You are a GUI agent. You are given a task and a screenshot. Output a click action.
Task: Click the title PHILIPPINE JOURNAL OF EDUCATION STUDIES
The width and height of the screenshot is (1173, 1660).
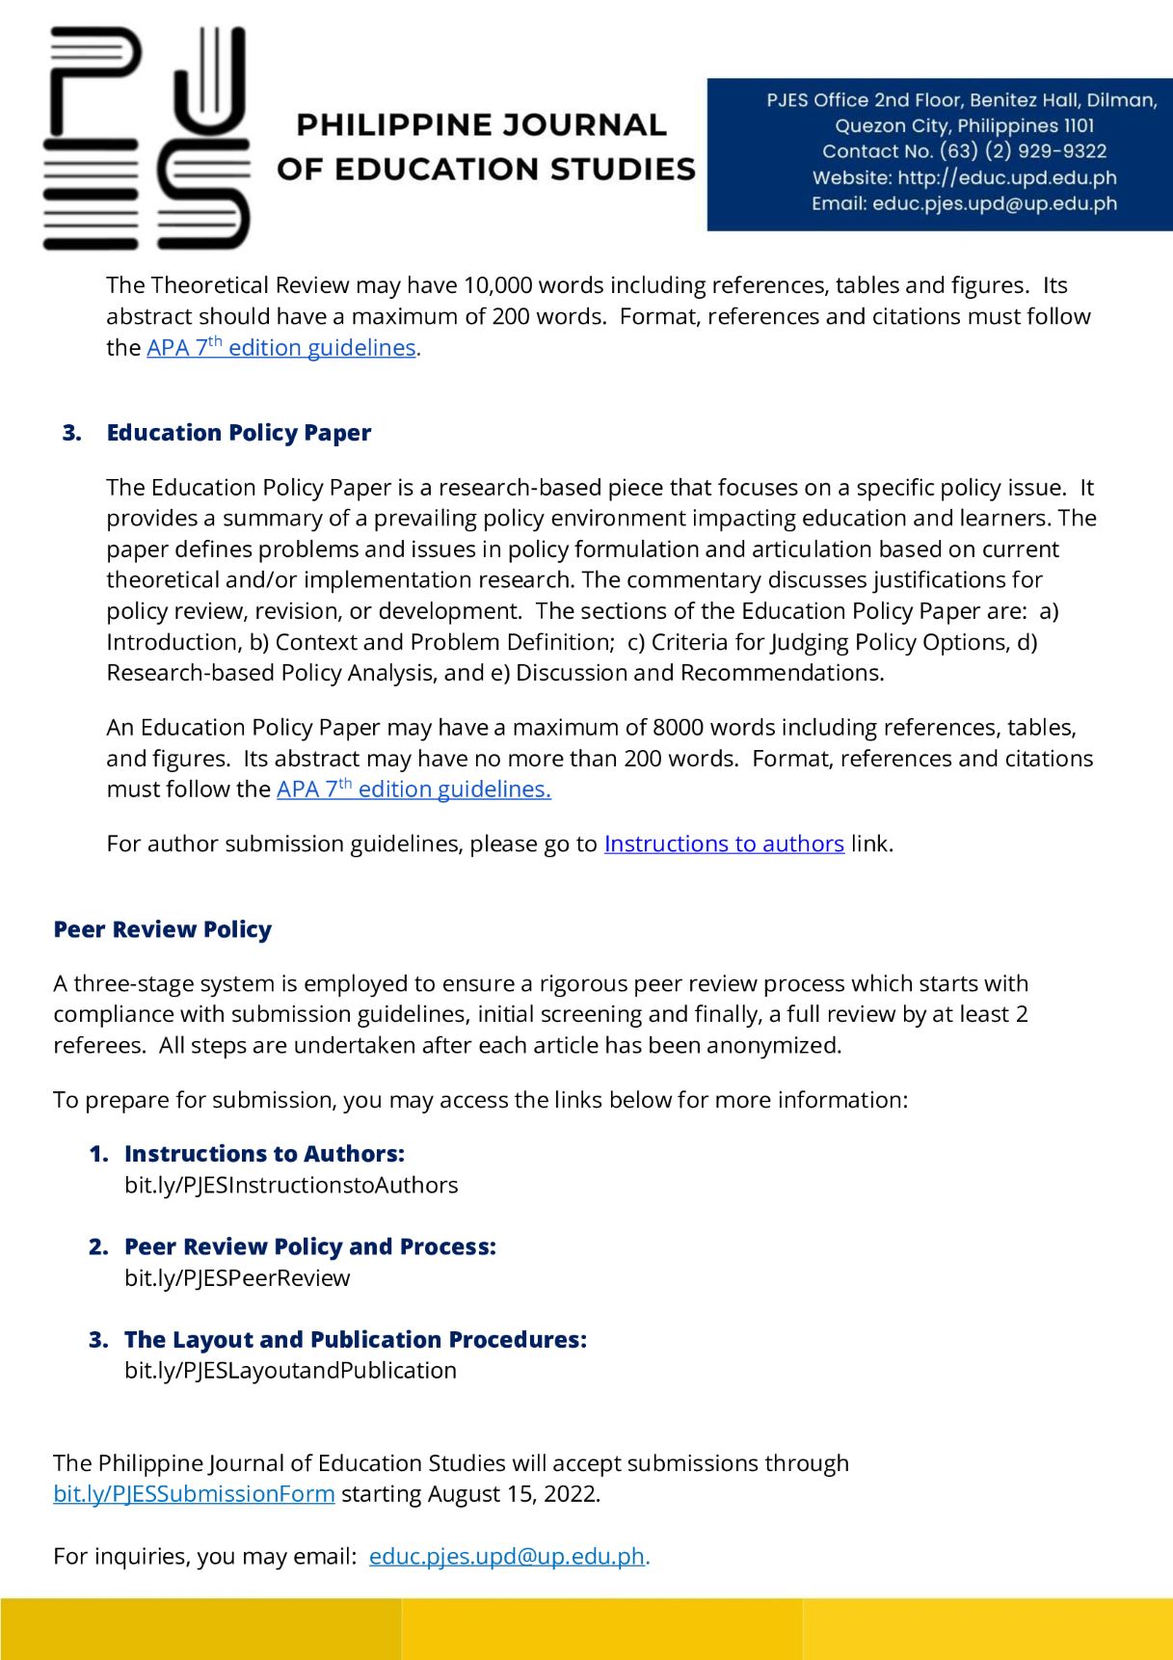tap(485, 147)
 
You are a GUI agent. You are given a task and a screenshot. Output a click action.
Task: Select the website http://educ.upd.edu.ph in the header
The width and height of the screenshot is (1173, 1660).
tap(1006, 177)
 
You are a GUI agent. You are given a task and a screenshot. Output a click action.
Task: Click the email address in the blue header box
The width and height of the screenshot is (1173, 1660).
tap(994, 203)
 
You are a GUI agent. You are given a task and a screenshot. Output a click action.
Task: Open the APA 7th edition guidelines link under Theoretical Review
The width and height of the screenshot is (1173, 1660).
tap(280, 348)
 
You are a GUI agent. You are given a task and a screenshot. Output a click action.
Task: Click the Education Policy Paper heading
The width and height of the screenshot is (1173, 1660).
tap(238, 433)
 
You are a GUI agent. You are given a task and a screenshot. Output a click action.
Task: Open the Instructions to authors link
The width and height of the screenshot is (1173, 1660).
tap(723, 844)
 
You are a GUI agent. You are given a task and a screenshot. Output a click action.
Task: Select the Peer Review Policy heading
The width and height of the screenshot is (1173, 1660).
tap(162, 930)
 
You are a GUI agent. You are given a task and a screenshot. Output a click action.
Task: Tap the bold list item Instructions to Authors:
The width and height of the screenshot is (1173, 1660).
tap(264, 1154)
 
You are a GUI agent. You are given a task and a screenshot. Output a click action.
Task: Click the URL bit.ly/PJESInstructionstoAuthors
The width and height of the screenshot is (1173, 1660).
tap(291, 1185)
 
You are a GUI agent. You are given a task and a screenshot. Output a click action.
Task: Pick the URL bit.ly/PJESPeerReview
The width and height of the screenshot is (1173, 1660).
tap(237, 1278)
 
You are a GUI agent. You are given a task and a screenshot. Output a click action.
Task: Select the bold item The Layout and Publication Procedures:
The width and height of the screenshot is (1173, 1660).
tap(355, 1340)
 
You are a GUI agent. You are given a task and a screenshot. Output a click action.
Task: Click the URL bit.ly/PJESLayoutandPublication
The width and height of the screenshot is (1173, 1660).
tap(290, 1371)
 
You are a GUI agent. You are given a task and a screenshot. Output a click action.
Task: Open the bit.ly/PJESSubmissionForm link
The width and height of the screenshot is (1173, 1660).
tap(194, 1494)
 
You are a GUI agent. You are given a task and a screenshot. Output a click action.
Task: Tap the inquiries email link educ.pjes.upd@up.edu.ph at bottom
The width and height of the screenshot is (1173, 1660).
tap(506, 1557)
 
